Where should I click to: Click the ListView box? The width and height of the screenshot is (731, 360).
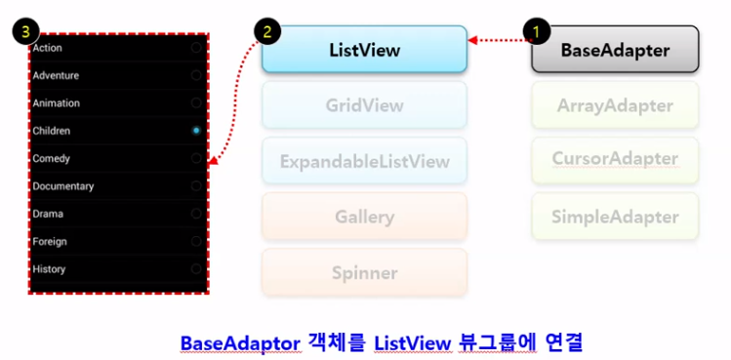364,49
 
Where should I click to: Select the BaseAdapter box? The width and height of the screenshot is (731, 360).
615,50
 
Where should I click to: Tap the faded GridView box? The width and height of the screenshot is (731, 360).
364,105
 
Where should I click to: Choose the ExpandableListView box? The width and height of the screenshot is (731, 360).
364,160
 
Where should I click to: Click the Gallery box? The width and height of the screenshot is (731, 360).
364,217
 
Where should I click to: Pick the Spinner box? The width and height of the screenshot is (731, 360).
364,273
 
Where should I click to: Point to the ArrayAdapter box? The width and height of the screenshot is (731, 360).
615,105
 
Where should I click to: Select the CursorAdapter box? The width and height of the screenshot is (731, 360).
615,159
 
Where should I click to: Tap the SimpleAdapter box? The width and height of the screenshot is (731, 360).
615,217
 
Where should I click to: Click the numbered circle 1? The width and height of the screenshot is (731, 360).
534,29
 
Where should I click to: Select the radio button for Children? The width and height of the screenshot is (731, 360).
196,130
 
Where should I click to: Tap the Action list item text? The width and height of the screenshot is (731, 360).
48,47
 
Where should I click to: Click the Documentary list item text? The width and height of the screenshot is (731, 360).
63,185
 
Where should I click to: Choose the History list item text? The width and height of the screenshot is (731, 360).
50,268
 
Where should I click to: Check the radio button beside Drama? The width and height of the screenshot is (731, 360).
196,213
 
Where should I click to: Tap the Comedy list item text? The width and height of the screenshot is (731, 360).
52,158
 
